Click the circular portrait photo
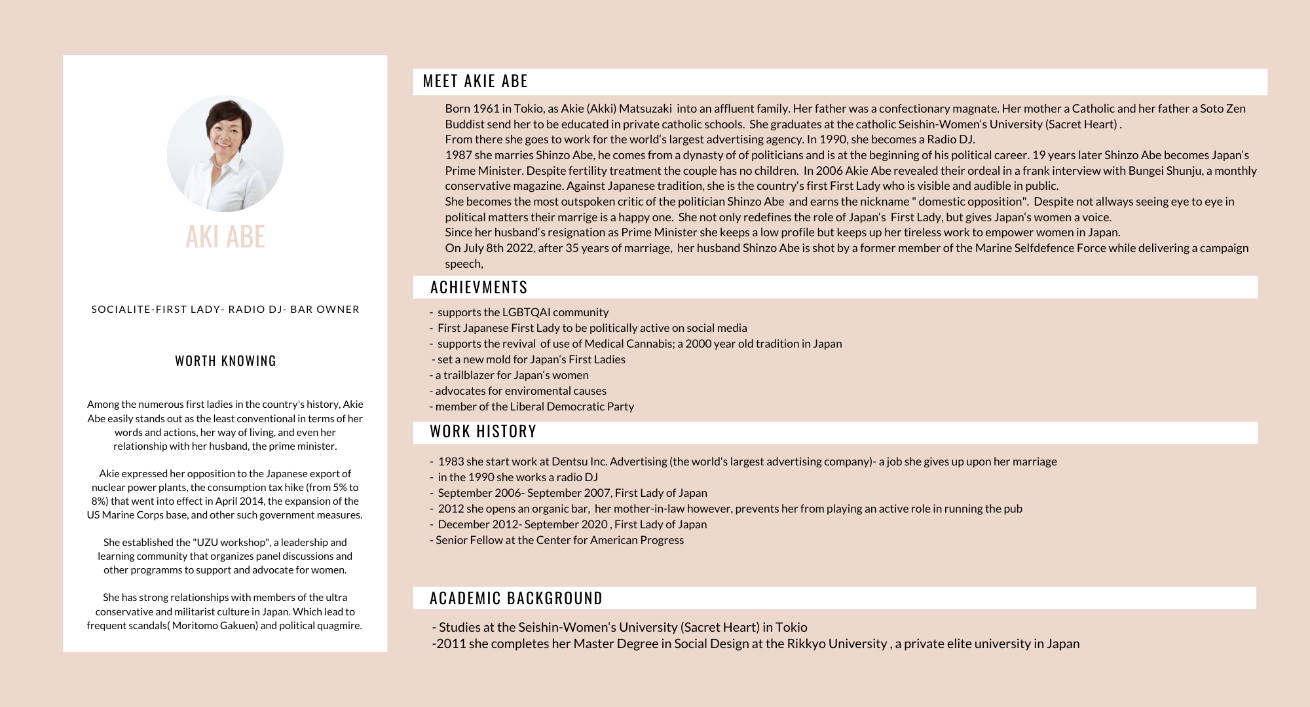pyautogui.click(x=225, y=154)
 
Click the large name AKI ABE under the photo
pyautogui.click(x=225, y=236)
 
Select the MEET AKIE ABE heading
pyautogui.click(x=475, y=81)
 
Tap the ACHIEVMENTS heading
pyautogui.click(x=479, y=287)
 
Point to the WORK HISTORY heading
pyautogui.click(x=483, y=431)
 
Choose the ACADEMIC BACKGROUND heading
pyautogui.click(x=515, y=598)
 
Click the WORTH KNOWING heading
pyautogui.click(x=225, y=361)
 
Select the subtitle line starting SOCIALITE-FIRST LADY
pyautogui.click(x=225, y=309)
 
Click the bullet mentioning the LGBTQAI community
pyautogui.click(x=522, y=312)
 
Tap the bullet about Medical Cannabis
pyautogui.click(x=639, y=344)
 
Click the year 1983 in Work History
pyautogui.click(x=451, y=462)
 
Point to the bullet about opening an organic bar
pyautogui.click(x=729, y=509)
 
